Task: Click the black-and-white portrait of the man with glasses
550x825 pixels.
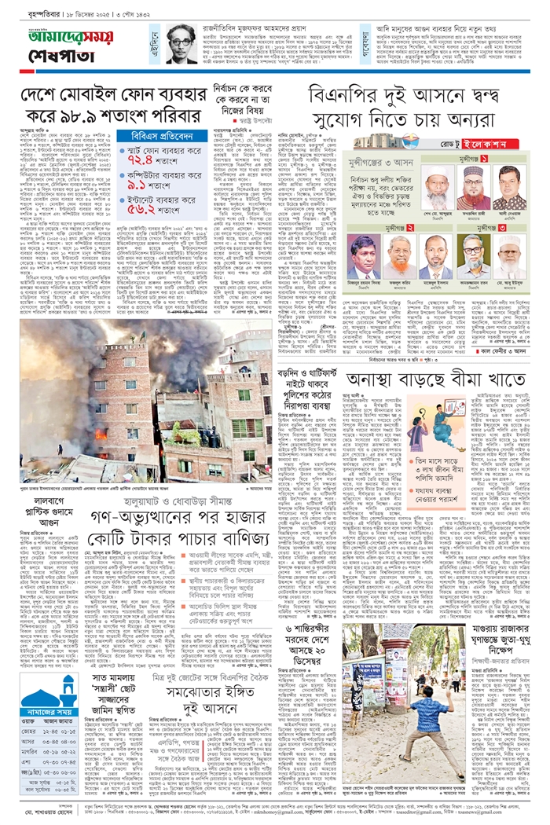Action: [x=182, y=46]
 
